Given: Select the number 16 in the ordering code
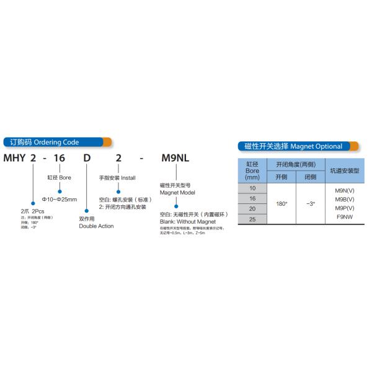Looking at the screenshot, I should tap(60, 159).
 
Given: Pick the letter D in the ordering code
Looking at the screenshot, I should tap(87, 159).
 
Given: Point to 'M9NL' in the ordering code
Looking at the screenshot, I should tap(175, 159).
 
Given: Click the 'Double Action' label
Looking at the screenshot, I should tap(96, 226).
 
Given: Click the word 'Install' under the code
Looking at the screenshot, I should tap(128, 177).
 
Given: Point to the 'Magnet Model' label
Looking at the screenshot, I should tap(178, 193).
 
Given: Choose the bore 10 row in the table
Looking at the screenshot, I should tap(252, 187).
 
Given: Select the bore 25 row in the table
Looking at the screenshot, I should tap(252, 219).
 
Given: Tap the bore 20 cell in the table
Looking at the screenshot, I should tap(252, 208).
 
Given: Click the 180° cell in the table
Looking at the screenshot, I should tap(281, 203).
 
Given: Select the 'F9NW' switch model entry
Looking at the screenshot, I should tap(345, 217).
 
